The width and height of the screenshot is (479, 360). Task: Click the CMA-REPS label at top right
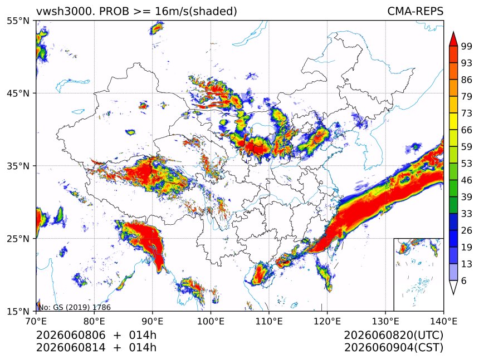point(415,11)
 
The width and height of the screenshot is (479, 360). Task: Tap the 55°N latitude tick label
point(18,21)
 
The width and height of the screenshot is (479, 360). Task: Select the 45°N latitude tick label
point(18,93)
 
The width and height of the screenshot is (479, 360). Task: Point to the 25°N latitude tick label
point(18,238)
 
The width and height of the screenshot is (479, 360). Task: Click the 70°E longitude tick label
point(36,321)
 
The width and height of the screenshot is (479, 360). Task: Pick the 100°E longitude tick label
point(211,321)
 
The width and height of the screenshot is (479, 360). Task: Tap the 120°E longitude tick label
point(327,321)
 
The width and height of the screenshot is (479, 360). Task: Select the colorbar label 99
point(467,46)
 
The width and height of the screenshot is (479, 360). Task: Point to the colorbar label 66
point(467,130)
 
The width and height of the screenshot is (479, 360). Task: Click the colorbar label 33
point(467,214)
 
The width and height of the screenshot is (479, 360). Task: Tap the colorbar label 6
point(464,280)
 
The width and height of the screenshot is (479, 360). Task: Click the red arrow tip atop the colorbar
point(453,32)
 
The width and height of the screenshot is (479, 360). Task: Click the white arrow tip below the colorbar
point(453,294)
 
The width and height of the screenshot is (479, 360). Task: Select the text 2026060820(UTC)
point(393,336)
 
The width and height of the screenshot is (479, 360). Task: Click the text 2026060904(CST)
point(393,348)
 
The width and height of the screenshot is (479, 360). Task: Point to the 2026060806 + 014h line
point(96,336)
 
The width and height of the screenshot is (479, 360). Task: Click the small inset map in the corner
point(418,274)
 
